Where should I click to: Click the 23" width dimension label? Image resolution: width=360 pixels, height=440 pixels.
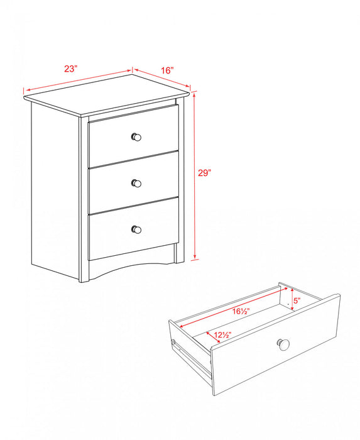(x=70, y=69)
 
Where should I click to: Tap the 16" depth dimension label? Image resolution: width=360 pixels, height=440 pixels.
(x=166, y=70)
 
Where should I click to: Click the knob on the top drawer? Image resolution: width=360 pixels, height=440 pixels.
(x=136, y=137)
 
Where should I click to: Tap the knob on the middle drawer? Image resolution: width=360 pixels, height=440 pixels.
(x=136, y=183)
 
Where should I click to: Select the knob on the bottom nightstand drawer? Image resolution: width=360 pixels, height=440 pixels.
(x=136, y=229)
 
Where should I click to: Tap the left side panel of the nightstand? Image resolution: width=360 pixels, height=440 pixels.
(x=55, y=189)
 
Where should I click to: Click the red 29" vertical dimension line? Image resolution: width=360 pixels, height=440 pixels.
(x=195, y=207)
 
